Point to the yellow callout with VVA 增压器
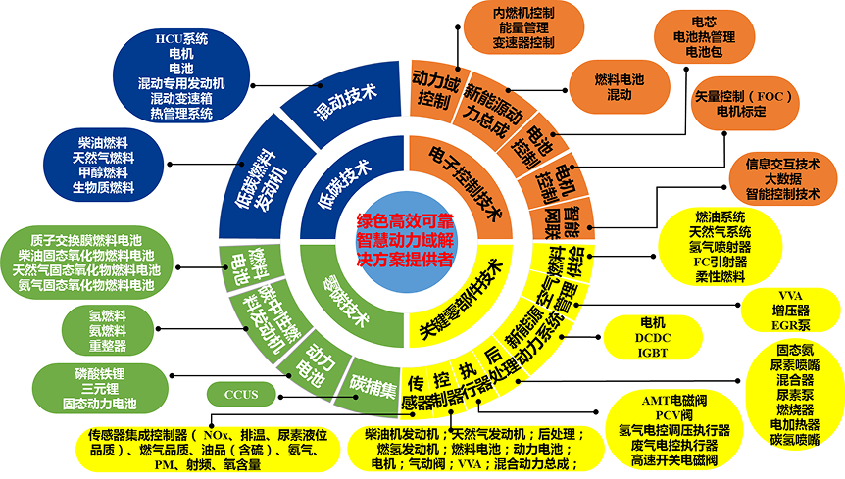click(790, 309)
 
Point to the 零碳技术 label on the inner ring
click(346, 301)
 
